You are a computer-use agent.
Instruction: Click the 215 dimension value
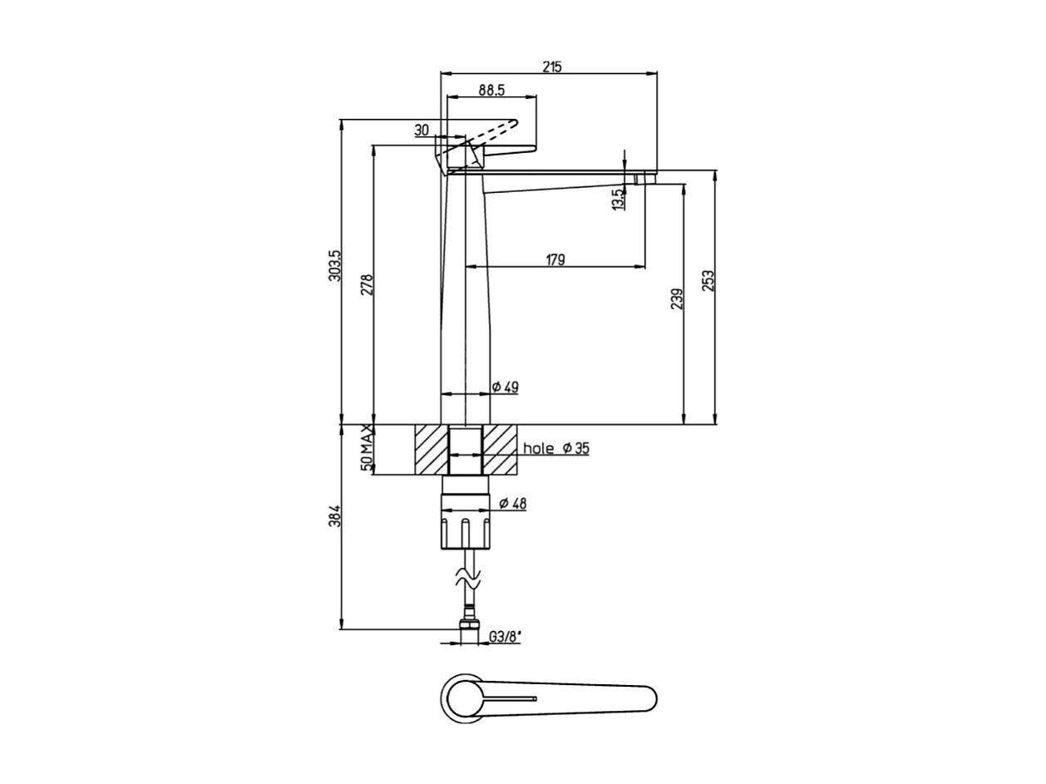pos(552,67)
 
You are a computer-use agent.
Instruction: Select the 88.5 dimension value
pos(492,90)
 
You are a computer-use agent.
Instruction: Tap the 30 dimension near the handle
pos(421,130)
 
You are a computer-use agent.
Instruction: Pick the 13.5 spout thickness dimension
pos(617,200)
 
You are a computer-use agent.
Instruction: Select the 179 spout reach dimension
pos(555,259)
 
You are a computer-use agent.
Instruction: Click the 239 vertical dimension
pos(677,298)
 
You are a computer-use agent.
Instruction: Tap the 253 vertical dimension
pos(708,281)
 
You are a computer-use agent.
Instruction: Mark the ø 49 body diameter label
pos(505,387)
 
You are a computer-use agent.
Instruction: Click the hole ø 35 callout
pos(555,449)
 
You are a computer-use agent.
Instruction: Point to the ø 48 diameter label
pos(512,503)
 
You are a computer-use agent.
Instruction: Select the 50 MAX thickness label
pos(367,448)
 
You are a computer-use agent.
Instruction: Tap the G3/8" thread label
pos(505,638)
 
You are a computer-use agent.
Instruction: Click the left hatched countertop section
pos(431,450)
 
